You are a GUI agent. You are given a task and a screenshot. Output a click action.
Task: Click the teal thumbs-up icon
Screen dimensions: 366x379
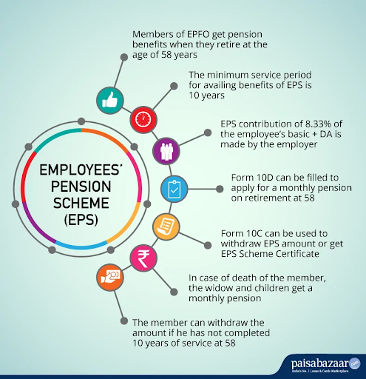coord(109,101)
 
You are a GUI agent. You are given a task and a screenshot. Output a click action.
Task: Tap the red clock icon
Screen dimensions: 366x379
coord(143,119)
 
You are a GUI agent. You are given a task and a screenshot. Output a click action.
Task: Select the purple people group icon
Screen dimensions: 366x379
coord(166,151)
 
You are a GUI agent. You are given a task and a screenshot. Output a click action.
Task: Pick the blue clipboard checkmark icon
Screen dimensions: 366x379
coord(174,189)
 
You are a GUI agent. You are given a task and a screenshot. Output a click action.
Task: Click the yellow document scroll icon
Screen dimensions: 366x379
coord(166,227)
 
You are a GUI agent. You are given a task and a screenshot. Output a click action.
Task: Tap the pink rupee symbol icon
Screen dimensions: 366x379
coord(143,258)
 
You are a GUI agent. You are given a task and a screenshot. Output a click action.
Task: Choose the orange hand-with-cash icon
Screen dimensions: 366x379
coord(110,277)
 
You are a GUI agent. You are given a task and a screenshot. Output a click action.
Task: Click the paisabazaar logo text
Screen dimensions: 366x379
coord(320,363)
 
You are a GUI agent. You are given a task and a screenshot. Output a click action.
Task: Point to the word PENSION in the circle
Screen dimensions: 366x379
coord(81,187)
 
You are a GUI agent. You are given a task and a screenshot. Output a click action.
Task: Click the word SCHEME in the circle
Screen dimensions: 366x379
coord(81,203)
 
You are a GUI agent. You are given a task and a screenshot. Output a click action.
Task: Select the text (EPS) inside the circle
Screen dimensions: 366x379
coord(81,219)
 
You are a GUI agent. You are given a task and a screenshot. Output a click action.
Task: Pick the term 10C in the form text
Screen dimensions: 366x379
coord(254,233)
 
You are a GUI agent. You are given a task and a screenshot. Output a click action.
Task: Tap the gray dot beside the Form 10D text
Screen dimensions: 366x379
coord(220,189)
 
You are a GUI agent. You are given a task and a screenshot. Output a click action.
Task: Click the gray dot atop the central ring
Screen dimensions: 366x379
coord(81,121)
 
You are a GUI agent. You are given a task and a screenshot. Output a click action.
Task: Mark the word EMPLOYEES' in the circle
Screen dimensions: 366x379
coord(81,170)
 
